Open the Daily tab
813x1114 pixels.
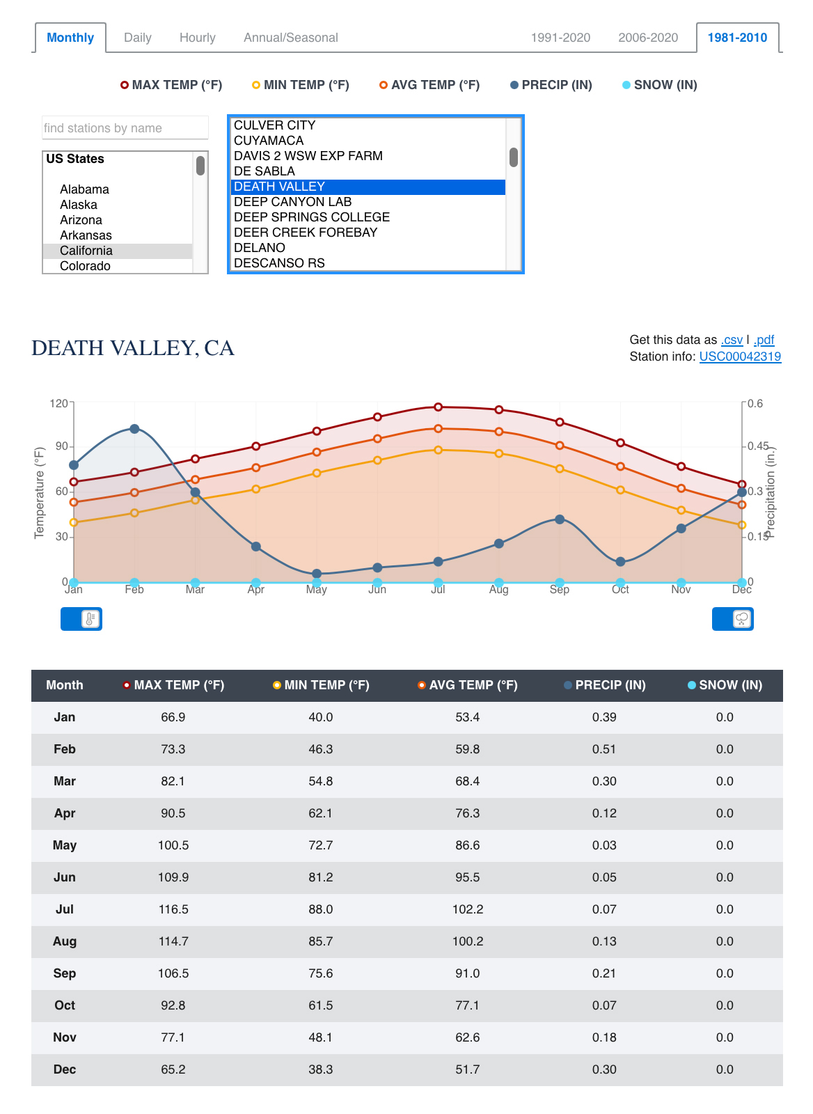pos(137,38)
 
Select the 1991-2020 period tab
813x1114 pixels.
pos(560,38)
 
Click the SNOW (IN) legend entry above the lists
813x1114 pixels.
pos(659,85)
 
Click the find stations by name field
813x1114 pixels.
pos(125,128)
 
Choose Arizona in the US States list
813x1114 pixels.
pos(81,220)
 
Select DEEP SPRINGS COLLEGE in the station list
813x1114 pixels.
pos(312,217)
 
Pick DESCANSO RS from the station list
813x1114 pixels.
pos(279,263)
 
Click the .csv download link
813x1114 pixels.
pos(732,340)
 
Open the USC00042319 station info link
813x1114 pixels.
pos(740,356)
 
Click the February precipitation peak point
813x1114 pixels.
pos(134,429)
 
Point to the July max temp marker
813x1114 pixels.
pos(438,407)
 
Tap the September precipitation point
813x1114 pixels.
pos(560,519)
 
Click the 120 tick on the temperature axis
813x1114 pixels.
pos(59,403)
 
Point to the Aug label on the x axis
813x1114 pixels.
pos(498,590)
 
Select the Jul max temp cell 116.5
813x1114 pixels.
pos(173,909)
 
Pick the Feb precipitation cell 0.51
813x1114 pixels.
pos(604,749)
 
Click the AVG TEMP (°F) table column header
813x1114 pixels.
pos(468,685)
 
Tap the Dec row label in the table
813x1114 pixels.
pos(65,1069)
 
